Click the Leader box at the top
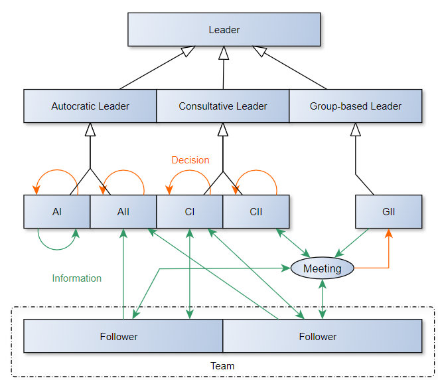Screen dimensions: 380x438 coord(224,30)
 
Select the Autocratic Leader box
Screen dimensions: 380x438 coord(90,106)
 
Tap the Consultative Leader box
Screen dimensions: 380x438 coord(223,106)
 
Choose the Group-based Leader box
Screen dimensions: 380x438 coord(356,106)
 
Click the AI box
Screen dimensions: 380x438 coord(57,212)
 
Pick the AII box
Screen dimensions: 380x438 coord(123,212)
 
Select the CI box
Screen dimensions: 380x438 coord(190,212)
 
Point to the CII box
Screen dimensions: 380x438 coord(256,212)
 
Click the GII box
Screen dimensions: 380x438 coord(389,212)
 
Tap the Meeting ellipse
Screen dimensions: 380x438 coord(323,269)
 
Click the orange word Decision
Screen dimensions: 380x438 coord(190,160)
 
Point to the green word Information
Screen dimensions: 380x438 coord(77,278)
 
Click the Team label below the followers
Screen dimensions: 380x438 coord(222,366)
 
